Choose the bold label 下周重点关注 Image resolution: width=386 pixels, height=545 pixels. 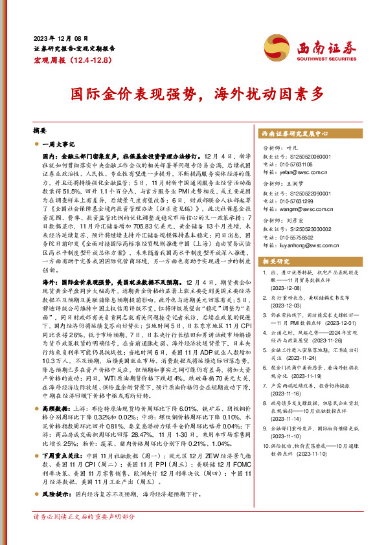click(61, 455)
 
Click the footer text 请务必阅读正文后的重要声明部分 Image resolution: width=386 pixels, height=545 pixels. click(84, 535)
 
